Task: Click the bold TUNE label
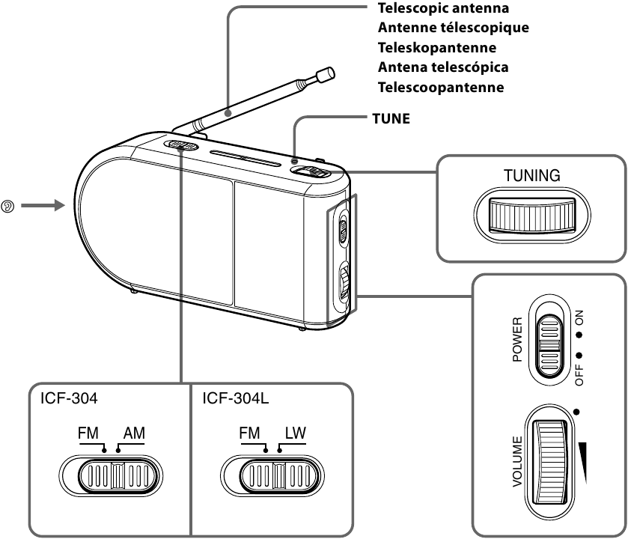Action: click(391, 118)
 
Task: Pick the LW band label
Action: click(293, 434)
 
